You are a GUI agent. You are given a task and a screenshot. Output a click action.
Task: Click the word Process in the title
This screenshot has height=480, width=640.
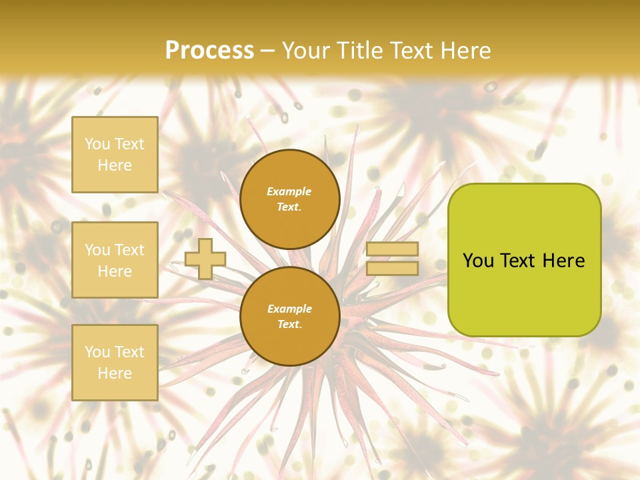point(209,51)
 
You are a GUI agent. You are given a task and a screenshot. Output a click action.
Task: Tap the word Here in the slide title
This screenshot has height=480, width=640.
point(463,51)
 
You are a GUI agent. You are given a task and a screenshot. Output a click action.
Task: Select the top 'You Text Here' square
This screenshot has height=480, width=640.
point(115,155)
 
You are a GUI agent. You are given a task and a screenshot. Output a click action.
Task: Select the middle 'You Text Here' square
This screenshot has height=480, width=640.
point(115,260)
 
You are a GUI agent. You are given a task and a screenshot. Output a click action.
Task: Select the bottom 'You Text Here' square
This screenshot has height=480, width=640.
point(115,363)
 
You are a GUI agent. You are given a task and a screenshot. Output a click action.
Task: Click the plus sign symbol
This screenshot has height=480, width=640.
point(205,259)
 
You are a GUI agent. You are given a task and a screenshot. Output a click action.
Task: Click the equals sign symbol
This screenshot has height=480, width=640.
point(392,259)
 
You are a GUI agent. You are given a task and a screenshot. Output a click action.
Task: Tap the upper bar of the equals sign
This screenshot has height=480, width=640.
point(392,249)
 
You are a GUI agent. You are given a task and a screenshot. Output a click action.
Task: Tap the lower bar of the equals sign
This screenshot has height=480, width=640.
point(392,268)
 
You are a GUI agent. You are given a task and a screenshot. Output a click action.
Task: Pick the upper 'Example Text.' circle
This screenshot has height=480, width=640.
point(289,199)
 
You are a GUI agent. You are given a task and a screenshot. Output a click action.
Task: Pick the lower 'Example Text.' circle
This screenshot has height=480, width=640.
point(289,317)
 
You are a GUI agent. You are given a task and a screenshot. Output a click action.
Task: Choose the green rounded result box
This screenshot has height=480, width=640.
point(524,260)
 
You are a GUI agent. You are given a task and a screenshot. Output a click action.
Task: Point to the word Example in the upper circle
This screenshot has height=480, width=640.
point(289,191)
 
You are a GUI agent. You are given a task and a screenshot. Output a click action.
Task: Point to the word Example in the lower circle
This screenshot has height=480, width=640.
point(289,309)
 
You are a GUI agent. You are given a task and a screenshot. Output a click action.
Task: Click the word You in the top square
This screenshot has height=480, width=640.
point(97,144)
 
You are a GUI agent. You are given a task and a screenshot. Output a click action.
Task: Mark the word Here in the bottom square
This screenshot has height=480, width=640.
point(115,373)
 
